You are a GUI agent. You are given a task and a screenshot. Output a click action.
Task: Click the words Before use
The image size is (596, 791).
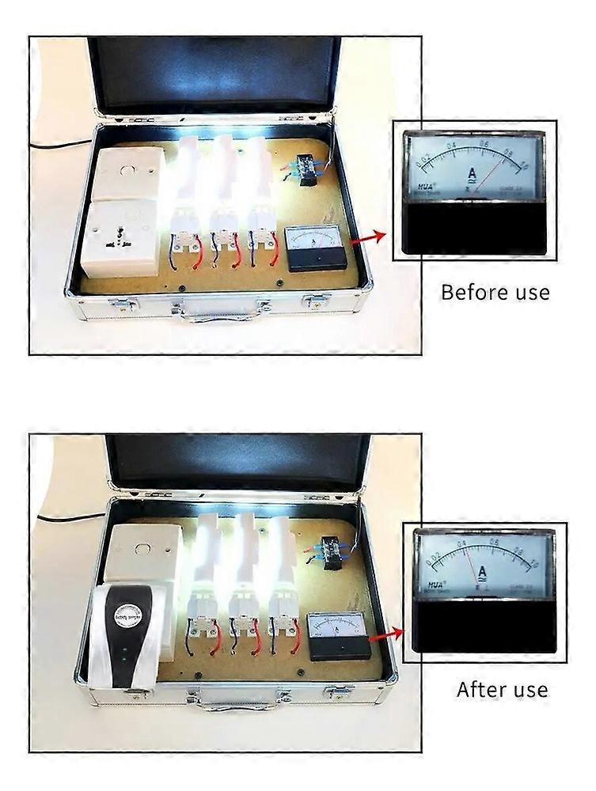(495, 292)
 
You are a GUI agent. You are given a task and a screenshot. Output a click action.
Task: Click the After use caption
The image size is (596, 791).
(502, 689)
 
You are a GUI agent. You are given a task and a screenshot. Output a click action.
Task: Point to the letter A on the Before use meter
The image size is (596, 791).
(472, 175)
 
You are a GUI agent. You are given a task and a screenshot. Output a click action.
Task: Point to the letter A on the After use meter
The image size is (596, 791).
(482, 571)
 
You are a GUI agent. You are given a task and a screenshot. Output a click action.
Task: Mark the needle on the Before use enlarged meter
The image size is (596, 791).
(490, 178)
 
